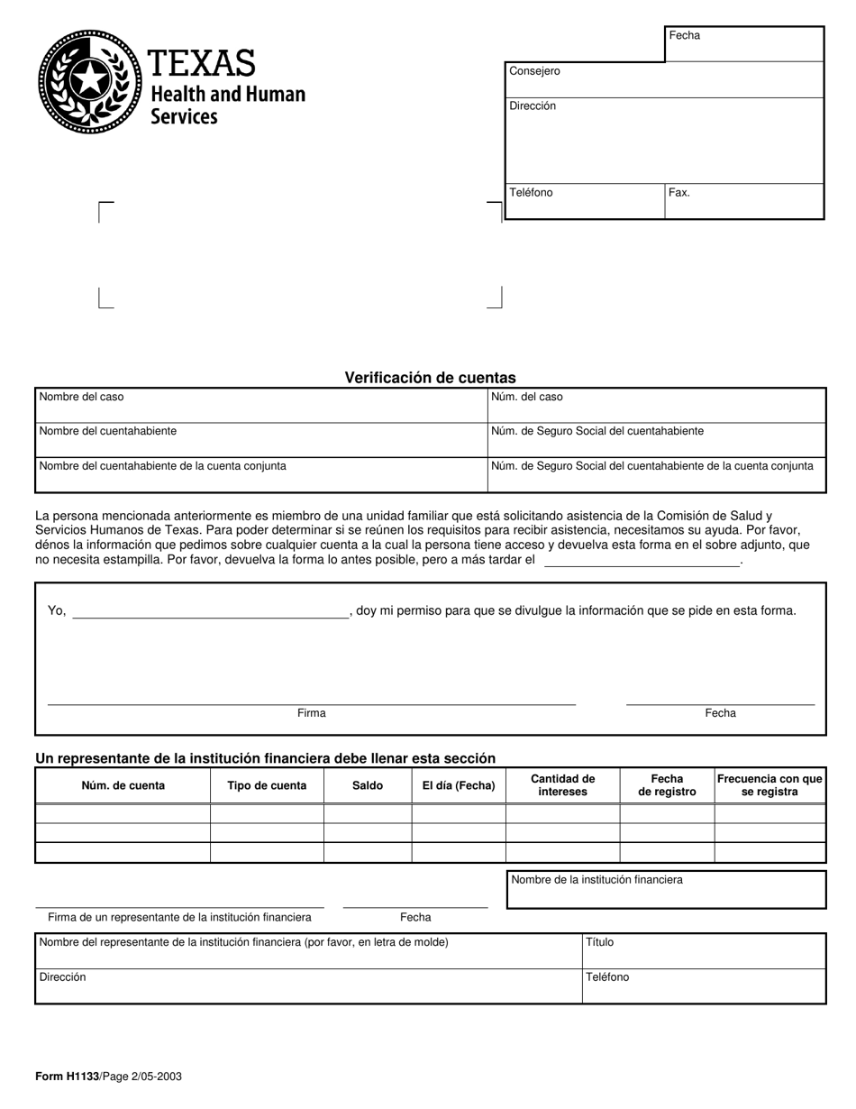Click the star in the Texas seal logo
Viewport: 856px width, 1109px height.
click(90, 82)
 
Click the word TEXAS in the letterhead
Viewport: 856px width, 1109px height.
click(202, 63)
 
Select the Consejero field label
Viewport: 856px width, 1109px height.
click(534, 71)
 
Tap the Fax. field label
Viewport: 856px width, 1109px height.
click(679, 193)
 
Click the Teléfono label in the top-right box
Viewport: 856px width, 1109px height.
click(531, 193)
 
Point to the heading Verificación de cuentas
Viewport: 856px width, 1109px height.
click(430, 378)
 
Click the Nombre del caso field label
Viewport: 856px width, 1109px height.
click(82, 397)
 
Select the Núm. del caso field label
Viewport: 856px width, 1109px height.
click(527, 397)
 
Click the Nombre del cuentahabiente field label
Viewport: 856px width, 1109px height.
click(108, 431)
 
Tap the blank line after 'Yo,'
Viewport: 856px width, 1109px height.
click(210, 612)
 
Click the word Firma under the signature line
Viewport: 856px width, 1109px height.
click(312, 713)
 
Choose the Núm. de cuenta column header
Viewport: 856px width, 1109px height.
click(123, 785)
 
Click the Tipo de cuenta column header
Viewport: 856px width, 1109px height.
click(267, 785)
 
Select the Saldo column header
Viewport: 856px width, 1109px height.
click(368, 785)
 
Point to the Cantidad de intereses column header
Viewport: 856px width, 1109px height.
click(563, 785)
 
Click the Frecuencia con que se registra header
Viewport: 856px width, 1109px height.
click(769, 785)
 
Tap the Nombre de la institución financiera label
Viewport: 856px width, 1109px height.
click(596, 880)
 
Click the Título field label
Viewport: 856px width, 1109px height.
click(599, 942)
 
